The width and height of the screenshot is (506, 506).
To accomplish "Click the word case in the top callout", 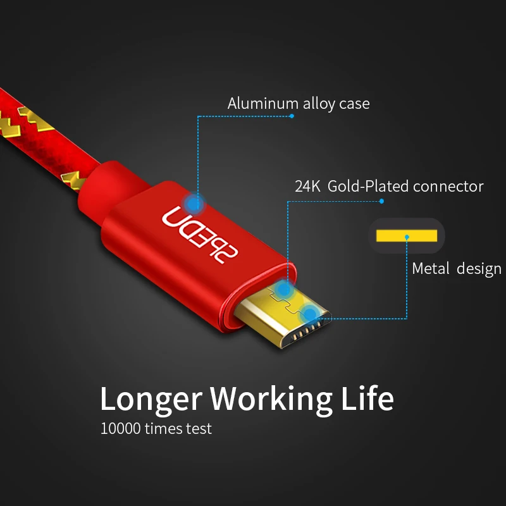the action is click(x=354, y=103).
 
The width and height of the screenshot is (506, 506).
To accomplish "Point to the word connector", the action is click(x=448, y=187).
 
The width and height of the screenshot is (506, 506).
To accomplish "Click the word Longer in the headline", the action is click(x=151, y=398).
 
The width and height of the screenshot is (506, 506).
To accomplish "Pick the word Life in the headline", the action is click(x=367, y=398).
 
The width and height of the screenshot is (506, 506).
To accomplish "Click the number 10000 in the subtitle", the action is click(x=121, y=429).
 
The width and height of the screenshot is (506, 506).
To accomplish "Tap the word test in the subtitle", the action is click(x=199, y=429).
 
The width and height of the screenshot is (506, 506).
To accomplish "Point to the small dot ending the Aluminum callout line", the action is click(x=292, y=116).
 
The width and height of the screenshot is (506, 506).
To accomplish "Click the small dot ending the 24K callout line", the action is click(x=382, y=202).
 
